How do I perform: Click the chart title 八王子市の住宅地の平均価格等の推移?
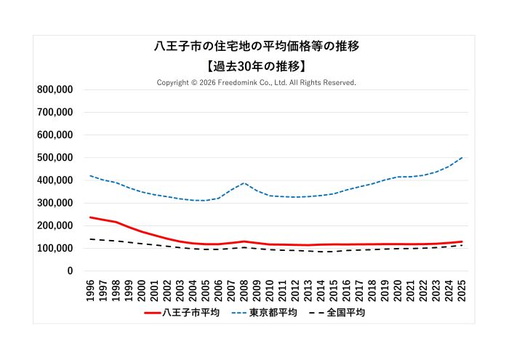pyautogui.click(x=256, y=46)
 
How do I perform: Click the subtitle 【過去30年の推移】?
pyautogui.click(x=256, y=65)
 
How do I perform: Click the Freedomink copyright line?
pyautogui.click(x=256, y=83)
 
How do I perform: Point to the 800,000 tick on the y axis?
pyautogui.click(x=55, y=89)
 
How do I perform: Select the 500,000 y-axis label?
pyautogui.click(x=55, y=158)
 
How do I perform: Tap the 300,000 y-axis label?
pyautogui.click(x=55, y=203)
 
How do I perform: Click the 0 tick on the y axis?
pyautogui.click(x=70, y=271)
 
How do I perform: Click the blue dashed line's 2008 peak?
pyautogui.click(x=244, y=183)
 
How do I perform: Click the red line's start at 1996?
pyautogui.click(x=90, y=217)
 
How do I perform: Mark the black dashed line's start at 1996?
pyautogui.click(x=90, y=239)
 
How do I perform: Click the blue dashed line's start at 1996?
pyautogui.click(x=90, y=175)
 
